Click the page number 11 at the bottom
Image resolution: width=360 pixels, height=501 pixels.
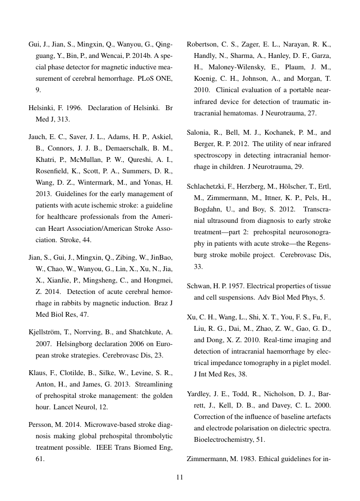tap(180, 477)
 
